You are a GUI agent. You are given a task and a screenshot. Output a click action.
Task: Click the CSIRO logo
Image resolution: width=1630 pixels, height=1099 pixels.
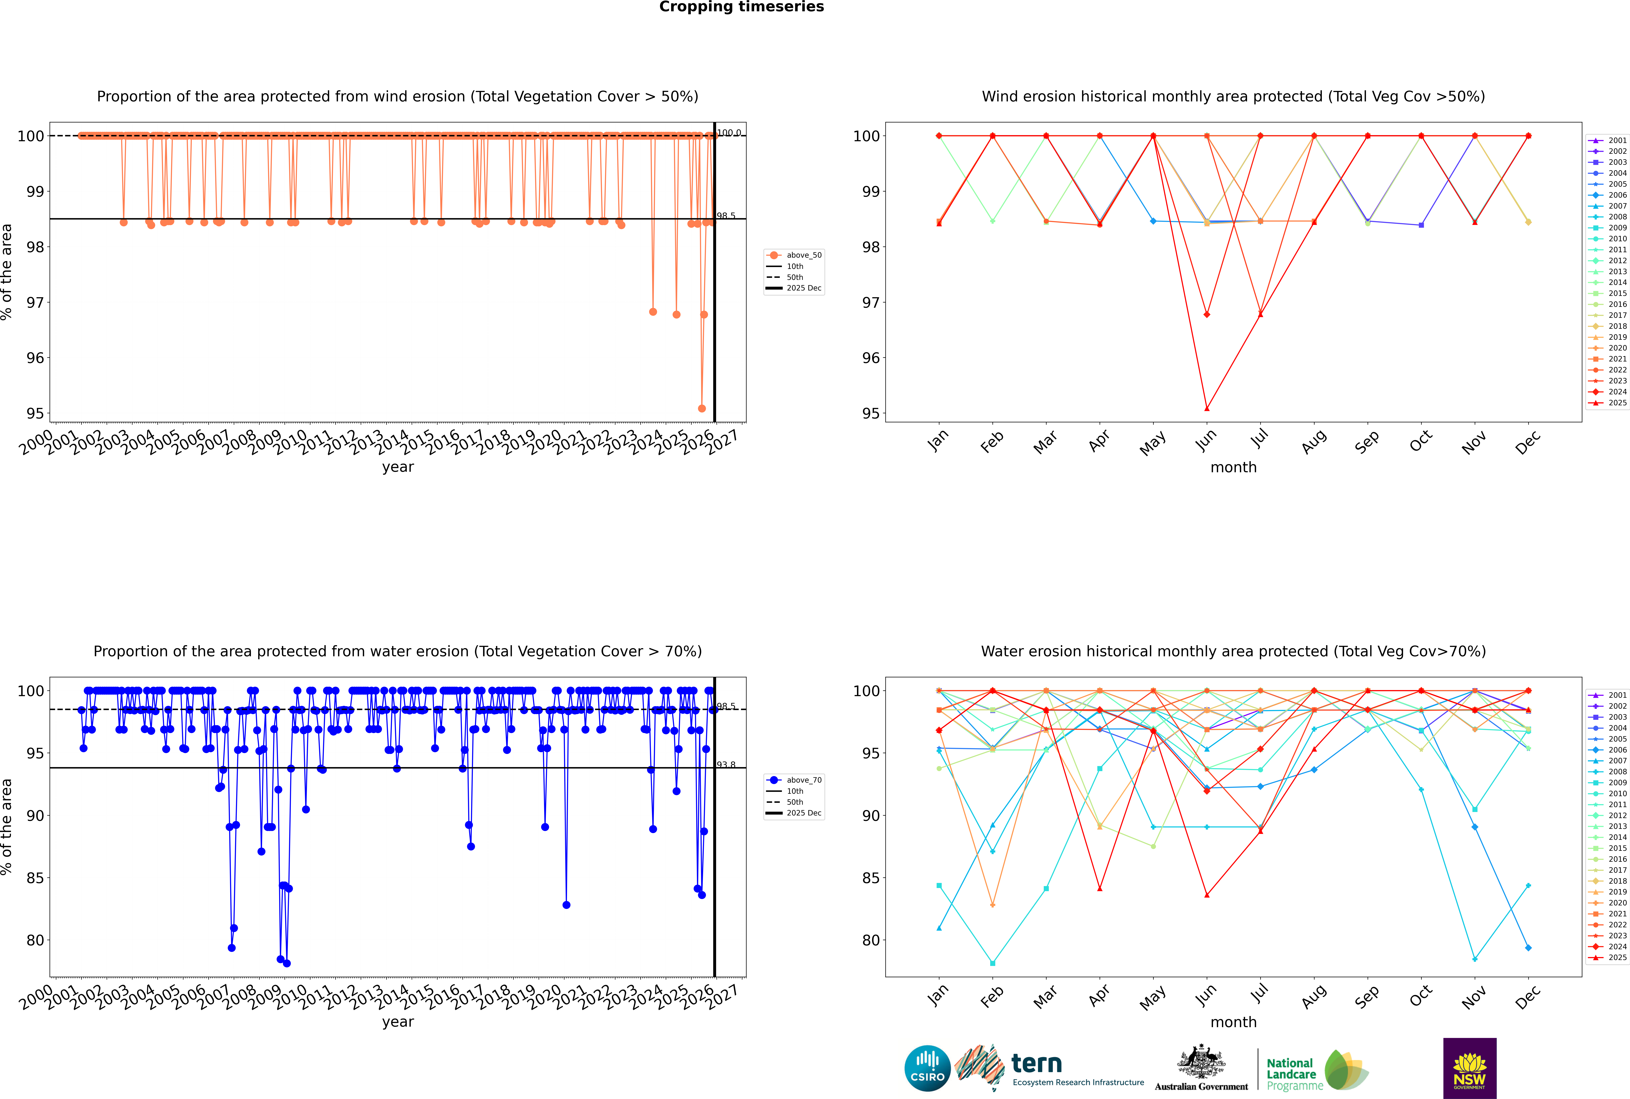(927, 1068)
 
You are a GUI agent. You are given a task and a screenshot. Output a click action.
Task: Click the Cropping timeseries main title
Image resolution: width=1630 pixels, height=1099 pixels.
(741, 7)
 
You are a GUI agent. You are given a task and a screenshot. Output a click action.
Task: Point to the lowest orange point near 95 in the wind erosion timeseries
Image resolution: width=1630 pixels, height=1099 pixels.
(702, 408)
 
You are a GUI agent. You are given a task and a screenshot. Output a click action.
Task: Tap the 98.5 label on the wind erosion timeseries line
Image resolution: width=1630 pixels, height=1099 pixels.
(726, 216)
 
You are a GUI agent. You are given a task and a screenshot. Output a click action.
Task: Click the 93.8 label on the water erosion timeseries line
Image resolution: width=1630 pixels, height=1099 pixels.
(726, 765)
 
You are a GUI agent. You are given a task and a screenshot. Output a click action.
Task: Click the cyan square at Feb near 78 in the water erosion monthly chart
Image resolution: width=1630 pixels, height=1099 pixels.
(992, 963)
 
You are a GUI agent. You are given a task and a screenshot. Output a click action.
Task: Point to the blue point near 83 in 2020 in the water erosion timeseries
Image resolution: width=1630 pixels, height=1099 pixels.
(566, 905)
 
